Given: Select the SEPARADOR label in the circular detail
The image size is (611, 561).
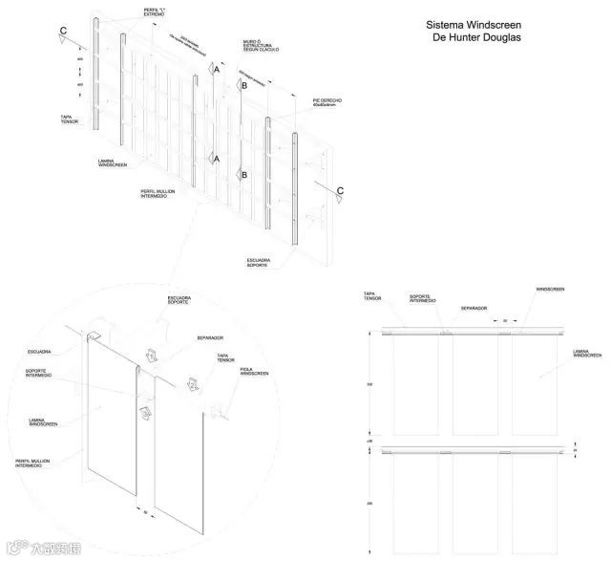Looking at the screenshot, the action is [210, 337].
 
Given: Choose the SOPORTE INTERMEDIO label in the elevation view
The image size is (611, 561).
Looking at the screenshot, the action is [423, 298].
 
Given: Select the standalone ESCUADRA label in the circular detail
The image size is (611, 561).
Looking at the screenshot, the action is [39, 351].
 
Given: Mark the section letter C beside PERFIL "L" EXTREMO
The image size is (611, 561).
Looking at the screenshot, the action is [64, 31].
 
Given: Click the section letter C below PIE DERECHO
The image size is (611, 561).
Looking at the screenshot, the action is [340, 190].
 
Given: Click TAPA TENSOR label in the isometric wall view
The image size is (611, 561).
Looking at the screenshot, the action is [69, 119].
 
